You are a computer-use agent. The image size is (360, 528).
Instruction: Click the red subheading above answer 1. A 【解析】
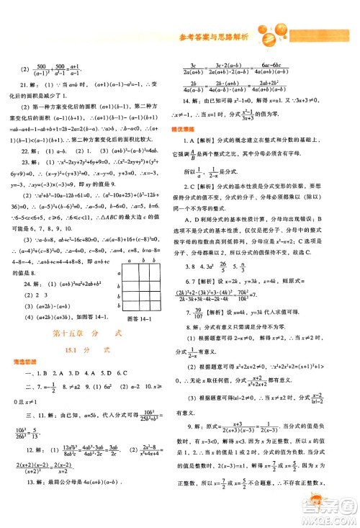pos(192,127)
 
